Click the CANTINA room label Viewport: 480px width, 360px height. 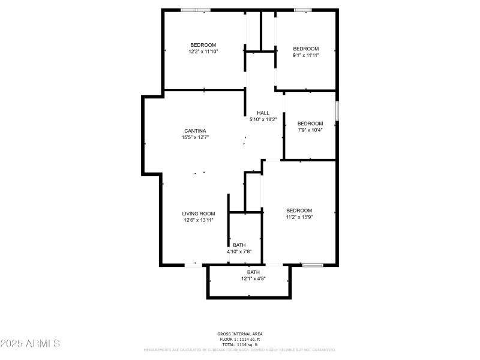[195, 131]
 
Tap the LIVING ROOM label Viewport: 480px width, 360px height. [199, 214]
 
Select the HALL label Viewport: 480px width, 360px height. [263, 113]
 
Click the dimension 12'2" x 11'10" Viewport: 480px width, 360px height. [203, 52]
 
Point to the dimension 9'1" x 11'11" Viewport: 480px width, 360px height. [305, 55]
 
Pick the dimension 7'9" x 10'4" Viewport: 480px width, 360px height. [310, 130]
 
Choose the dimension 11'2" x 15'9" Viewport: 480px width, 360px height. [299, 217]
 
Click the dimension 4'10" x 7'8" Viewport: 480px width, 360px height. [239, 252]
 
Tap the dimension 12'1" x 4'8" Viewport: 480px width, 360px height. [253, 279]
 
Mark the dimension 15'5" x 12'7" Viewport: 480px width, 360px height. [195, 137]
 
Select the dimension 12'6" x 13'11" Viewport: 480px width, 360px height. [199, 220]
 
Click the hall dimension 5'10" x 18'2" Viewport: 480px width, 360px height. [263, 119]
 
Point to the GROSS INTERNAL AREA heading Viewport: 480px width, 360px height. [239, 334]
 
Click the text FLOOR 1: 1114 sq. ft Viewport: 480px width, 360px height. [239, 339]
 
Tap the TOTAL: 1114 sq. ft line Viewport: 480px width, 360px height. [239, 344]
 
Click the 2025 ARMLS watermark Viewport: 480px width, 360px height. [30, 344]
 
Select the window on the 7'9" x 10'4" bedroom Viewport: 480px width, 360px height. [337, 111]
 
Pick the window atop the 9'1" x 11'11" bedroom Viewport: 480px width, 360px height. [302, 10]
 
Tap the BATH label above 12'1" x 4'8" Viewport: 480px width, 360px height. [253, 272]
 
